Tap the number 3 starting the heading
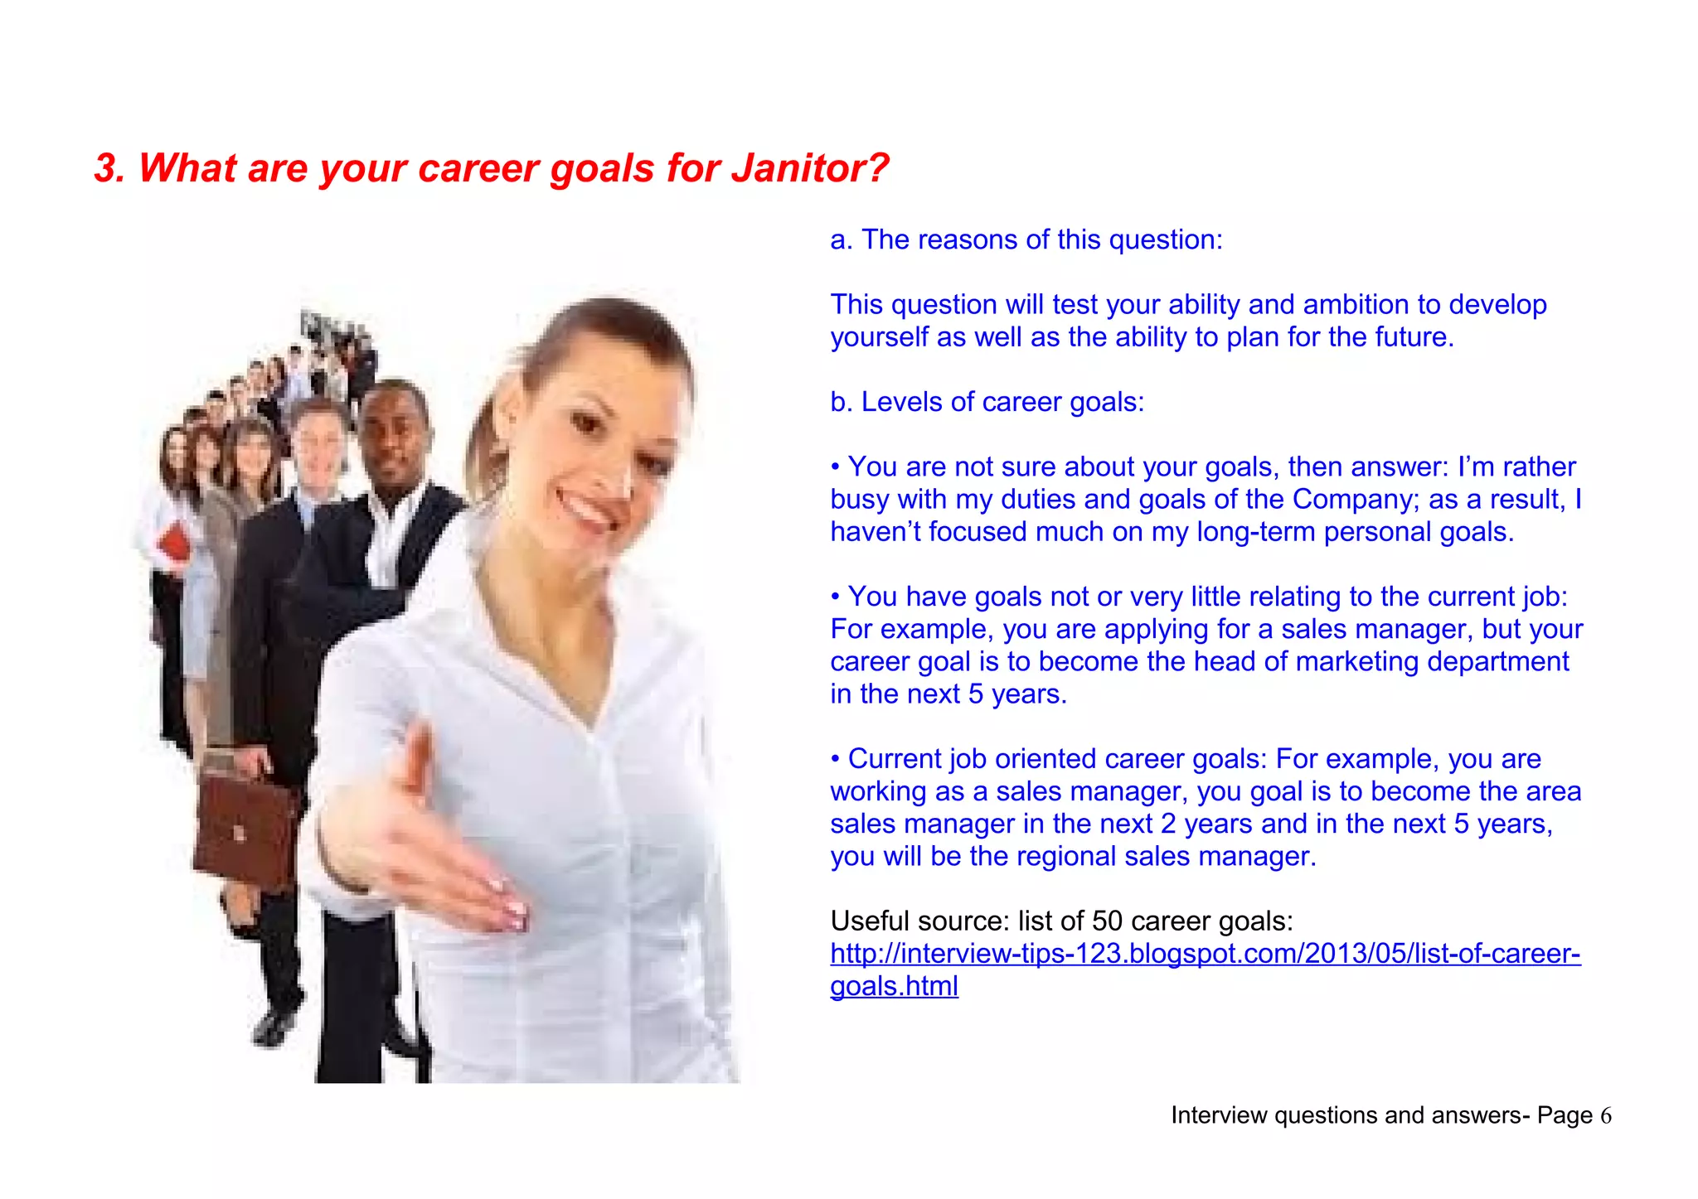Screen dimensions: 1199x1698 pos(105,168)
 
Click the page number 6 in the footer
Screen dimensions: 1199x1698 pos(1606,1116)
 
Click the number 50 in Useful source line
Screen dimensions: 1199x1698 pos(1107,921)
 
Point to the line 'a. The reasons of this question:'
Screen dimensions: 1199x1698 pos(1026,240)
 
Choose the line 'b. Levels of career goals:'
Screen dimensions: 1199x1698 pos(987,403)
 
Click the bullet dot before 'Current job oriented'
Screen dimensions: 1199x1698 pos(837,760)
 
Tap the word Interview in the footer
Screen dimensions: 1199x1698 pos(1219,1116)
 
